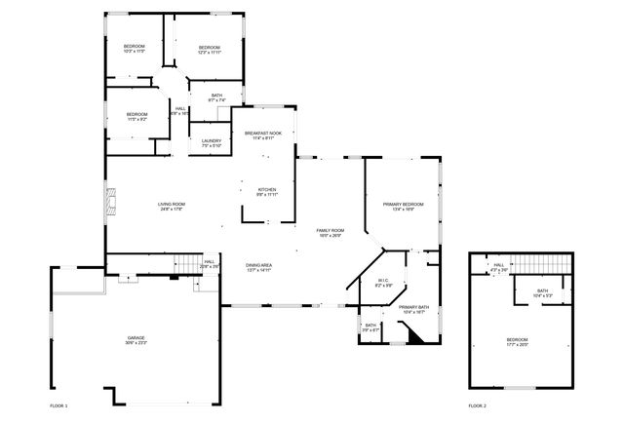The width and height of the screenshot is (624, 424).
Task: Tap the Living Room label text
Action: coord(172,204)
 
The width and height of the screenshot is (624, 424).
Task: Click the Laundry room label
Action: coord(212,141)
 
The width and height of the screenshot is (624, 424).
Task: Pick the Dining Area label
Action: coord(259,265)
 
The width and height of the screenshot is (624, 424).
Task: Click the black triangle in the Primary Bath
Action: coord(414,335)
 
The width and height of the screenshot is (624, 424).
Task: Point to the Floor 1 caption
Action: coord(60,405)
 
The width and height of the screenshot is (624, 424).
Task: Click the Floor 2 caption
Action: coord(477,405)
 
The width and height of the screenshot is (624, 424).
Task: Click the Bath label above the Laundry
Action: coord(216,96)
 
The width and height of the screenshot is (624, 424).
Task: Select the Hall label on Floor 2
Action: coord(498,265)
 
